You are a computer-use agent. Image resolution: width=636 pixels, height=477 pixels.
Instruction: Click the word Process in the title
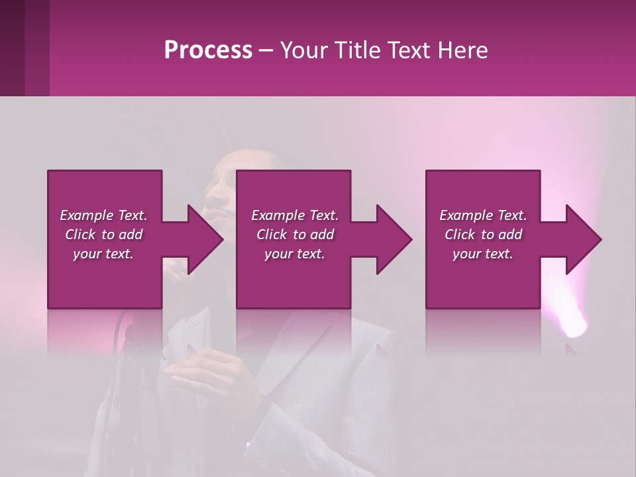click(x=208, y=50)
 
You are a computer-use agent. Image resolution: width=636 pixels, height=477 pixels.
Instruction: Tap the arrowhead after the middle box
click(x=393, y=240)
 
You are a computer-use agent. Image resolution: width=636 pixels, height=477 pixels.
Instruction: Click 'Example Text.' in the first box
click(x=103, y=215)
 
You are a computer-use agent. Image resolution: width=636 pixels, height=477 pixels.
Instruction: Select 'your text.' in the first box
click(x=103, y=254)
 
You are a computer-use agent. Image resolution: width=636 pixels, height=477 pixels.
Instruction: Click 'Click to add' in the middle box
click(x=295, y=235)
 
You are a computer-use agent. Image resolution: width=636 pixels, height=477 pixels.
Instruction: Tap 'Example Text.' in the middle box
click(x=295, y=215)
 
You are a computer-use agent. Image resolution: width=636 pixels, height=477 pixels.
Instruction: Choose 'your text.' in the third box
click(x=483, y=254)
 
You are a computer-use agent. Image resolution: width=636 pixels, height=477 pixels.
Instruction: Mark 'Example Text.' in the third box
click(x=483, y=215)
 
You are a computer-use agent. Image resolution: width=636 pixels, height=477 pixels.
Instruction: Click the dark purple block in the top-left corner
click(x=25, y=48)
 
